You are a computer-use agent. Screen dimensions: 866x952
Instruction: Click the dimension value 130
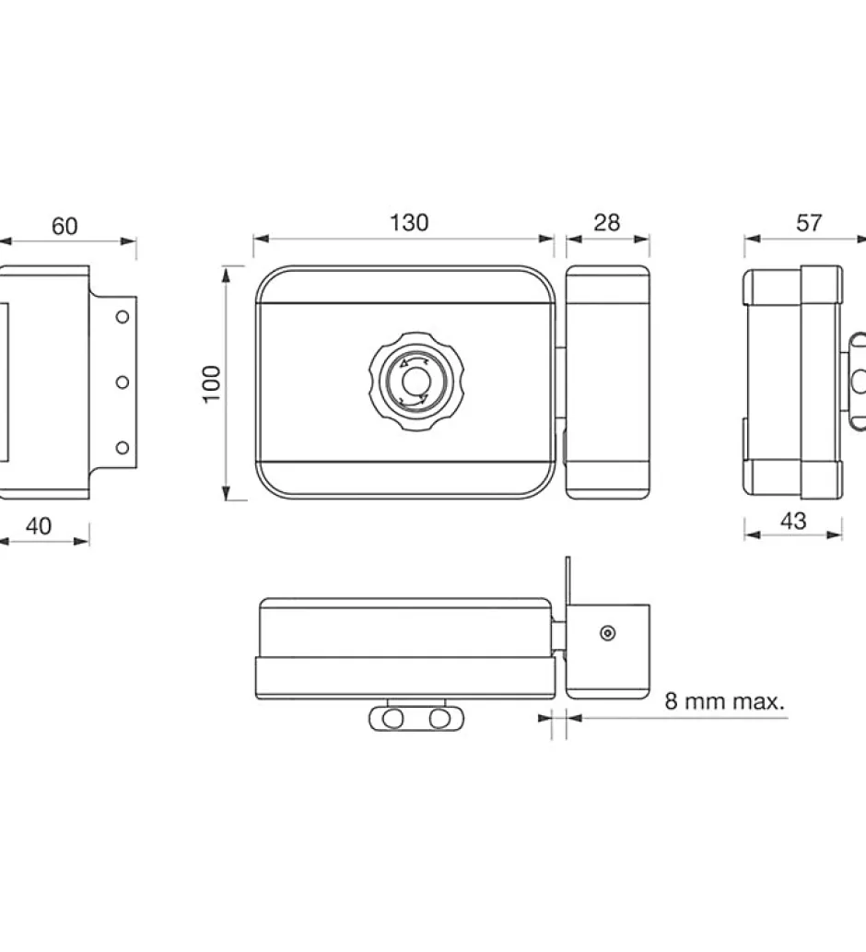point(409,223)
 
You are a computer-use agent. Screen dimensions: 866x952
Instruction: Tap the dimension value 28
point(607,223)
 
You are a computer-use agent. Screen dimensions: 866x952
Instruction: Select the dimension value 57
point(809,223)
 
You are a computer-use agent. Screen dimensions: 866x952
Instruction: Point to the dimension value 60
point(64,227)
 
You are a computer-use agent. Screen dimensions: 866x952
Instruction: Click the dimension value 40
point(38,526)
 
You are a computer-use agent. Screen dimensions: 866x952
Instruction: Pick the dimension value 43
point(793,522)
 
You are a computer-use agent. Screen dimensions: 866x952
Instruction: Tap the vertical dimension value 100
point(211,383)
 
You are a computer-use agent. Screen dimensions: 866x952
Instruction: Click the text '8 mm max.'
point(725,701)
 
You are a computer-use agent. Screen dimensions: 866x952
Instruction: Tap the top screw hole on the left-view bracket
point(123,316)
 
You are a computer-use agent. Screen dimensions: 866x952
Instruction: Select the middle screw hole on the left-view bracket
point(123,382)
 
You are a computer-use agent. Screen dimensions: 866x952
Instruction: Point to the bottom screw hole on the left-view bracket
point(123,448)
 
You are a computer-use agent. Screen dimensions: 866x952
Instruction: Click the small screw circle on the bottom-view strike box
point(607,633)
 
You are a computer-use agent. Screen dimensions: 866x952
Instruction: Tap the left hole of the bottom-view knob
point(393,719)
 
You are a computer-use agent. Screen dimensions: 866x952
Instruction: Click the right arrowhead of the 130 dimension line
point(546,239)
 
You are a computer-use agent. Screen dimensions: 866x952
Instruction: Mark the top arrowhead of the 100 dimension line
point(227,276)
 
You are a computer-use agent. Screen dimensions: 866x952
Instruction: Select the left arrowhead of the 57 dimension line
point(753,239)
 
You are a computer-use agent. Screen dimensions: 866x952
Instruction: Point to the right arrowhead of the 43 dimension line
point(835,535)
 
